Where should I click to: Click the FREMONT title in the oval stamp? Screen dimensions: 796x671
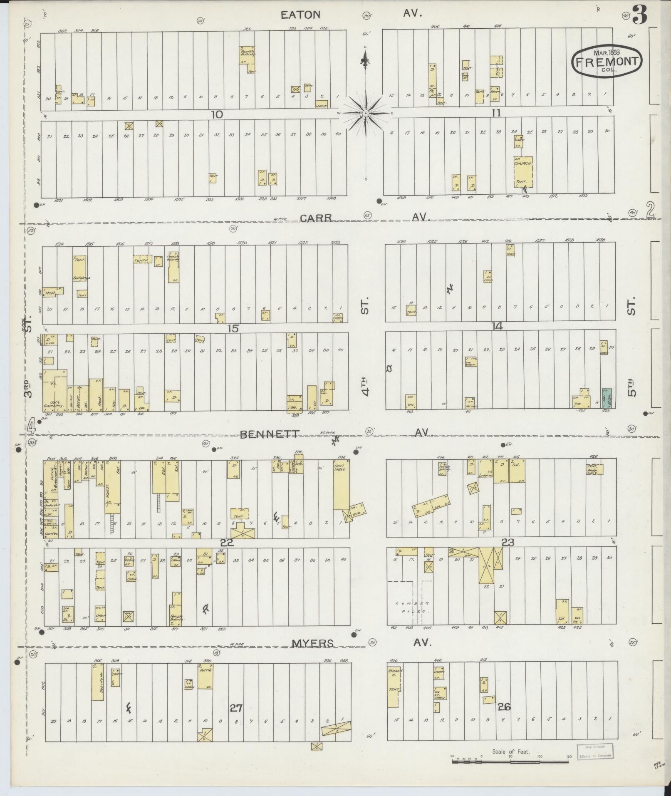tap(607, 62)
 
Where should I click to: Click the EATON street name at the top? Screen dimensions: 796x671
tap(300, 15)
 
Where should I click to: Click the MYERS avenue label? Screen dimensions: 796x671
tap(312, 643)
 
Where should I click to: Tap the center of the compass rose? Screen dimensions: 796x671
tap(365, 113)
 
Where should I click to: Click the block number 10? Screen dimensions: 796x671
tap(217, 114)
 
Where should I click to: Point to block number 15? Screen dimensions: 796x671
tap(233, 328)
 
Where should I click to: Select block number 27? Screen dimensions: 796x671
tap(236, 707)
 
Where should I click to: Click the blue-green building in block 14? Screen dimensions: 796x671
tap(607, 398)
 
